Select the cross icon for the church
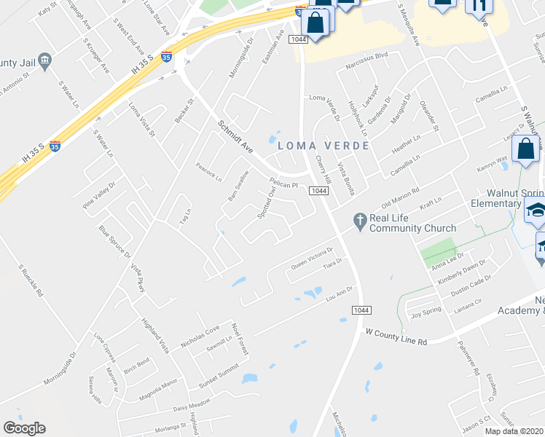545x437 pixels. click(358, 220)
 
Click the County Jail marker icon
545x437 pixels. click(45, 60)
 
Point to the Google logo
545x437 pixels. click(24, 428)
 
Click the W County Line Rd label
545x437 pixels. click(396, 336)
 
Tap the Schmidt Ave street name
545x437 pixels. click(235, 138)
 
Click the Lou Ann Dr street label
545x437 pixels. click(340, 293)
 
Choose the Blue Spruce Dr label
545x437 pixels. click(116, 242)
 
